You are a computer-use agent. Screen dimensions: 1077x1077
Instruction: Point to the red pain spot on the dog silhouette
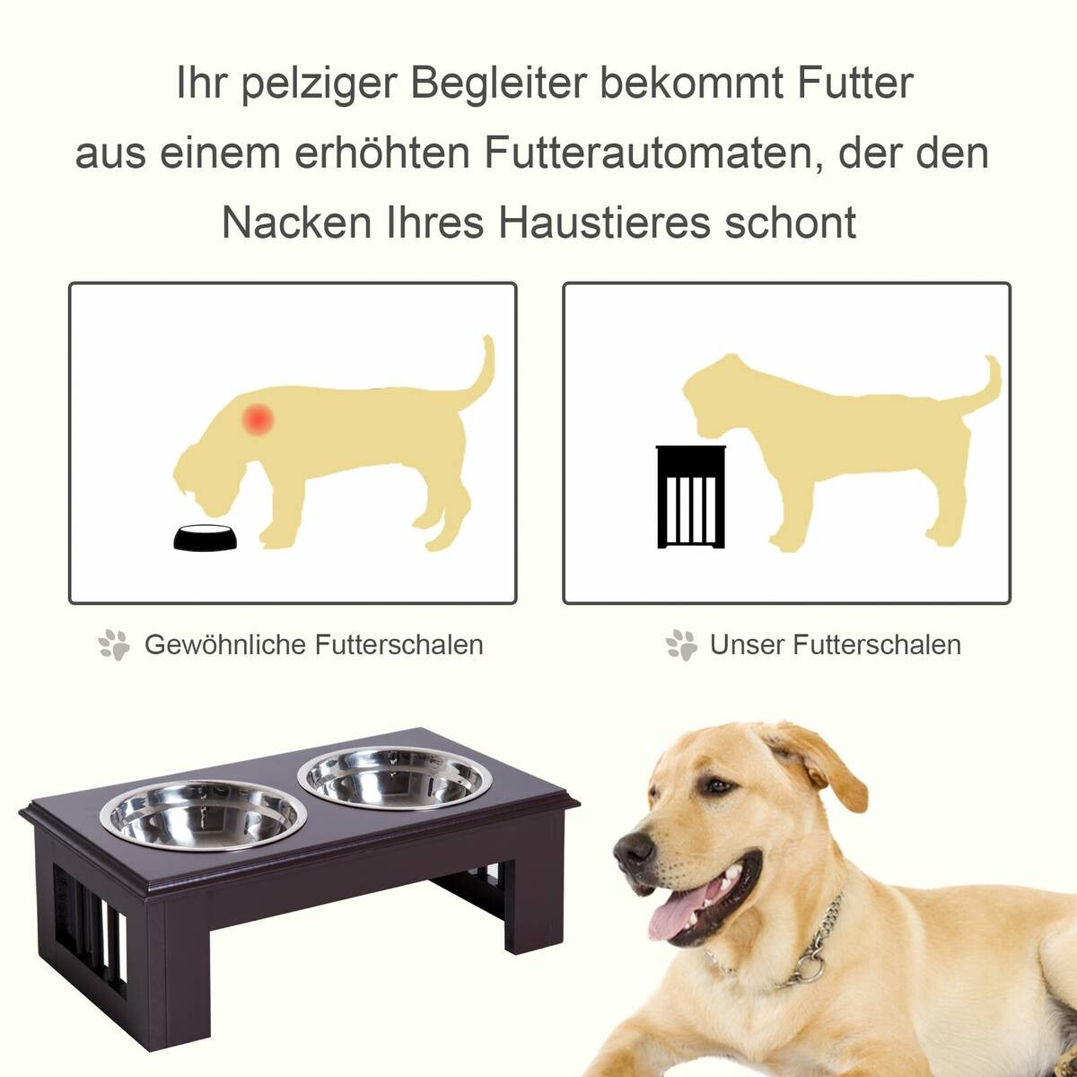pos(259,419)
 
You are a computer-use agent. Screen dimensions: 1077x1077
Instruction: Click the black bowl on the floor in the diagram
pos(206,537)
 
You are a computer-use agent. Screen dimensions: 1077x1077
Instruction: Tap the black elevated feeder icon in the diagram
pos(688,496)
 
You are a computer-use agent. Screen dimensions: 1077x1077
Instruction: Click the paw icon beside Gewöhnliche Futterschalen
pos(114,644)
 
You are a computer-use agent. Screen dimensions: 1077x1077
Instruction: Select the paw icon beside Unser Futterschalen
pos(681,644)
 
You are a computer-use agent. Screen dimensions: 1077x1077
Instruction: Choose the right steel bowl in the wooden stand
pos(396,777)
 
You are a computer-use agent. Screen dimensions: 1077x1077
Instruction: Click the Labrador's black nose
pos(636,850)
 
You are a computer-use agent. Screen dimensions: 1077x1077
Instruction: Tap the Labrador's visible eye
pos(718,786)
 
